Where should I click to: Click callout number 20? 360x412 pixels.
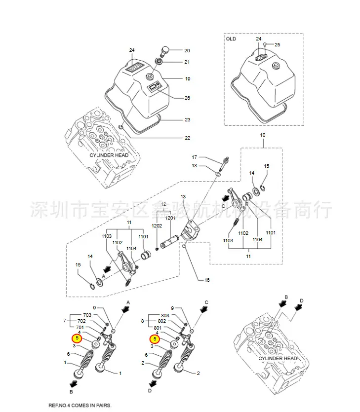(187, 50)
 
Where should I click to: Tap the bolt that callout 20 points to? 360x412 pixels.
(164, 51)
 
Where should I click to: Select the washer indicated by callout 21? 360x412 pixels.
(159, 62)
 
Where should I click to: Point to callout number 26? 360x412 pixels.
(187, 98)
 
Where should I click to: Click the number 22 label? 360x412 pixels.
(188, 138)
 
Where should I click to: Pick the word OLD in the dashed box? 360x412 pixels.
(231, 39)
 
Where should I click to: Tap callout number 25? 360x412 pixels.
(278, 45)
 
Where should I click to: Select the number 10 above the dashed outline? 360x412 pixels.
(263, 135)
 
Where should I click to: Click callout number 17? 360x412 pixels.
(195, 157)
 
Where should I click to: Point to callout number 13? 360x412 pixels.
(183, 197)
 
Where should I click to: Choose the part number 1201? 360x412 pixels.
(170, 218)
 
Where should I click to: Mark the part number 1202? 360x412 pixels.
(157, 225)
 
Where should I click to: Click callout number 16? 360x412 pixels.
(207, 280)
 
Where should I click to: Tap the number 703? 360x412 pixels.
(87, 315)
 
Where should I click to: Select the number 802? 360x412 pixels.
(162, 321)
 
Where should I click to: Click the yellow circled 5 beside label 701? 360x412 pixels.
(77, 338)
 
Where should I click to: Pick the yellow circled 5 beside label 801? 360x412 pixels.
(155, 339)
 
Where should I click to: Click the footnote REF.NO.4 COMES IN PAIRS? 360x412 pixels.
(80, 406)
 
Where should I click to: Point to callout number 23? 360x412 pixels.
(188, 120)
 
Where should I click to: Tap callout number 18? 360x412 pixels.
(195, 166)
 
